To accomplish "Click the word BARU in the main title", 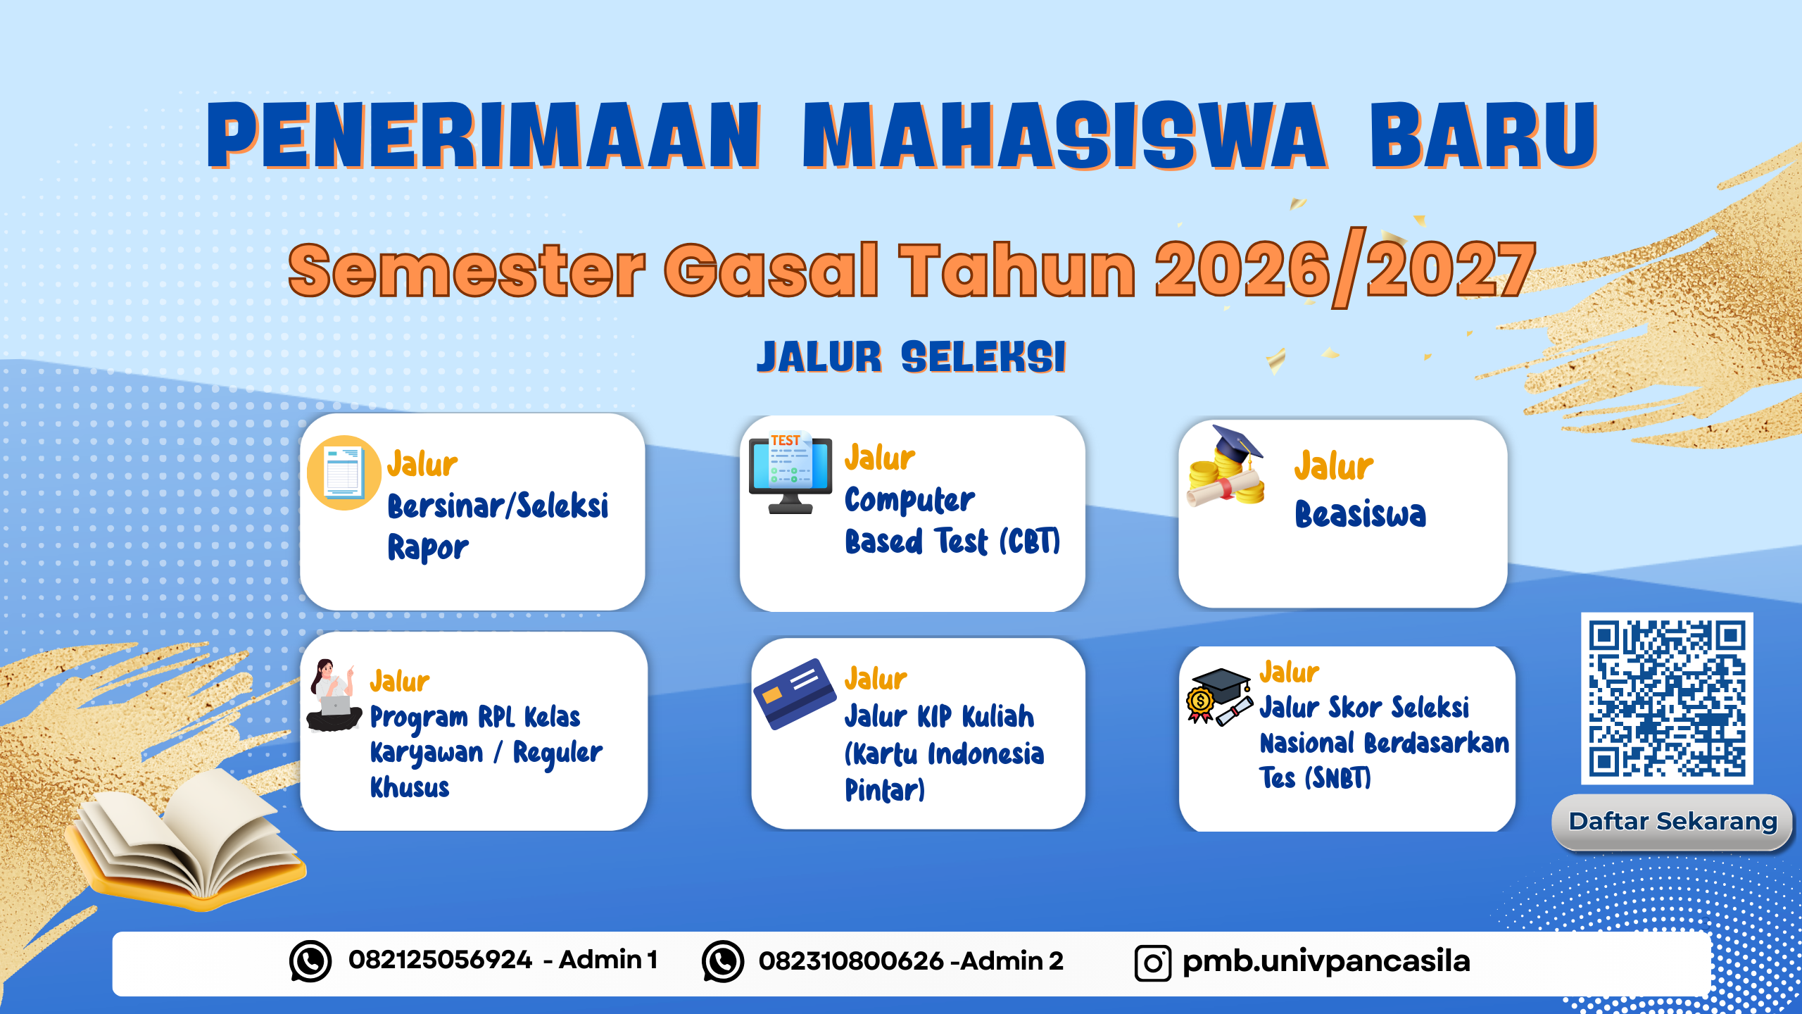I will coord(1482,135).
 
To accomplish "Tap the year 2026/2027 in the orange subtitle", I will coord(1344,270).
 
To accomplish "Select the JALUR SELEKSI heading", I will coord(911,357).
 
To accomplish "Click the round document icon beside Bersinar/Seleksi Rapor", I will coord(344,472).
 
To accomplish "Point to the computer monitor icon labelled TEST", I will coord(790,472).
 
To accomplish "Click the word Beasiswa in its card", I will coord(1360,514).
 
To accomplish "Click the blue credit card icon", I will coord(794,693).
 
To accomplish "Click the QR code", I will coord(1667,698).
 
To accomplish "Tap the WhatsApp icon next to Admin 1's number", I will coord(310,961).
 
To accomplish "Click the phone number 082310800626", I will coord(850,961).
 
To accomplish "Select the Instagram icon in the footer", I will coord(1152,963).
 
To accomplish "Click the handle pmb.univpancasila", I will coord(1326,961).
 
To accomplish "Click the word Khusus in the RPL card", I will coord(410,787).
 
